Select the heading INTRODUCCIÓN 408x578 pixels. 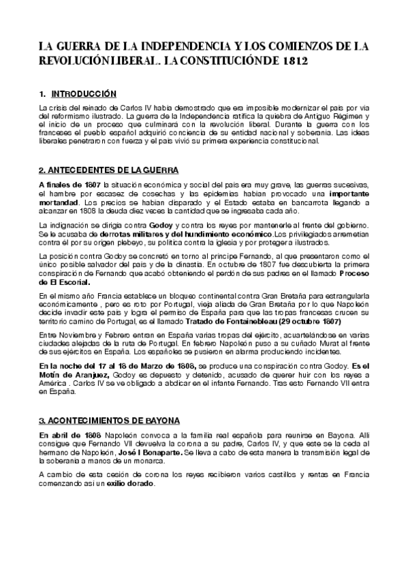pos(84,93)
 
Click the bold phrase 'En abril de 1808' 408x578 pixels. pos(69,435)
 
